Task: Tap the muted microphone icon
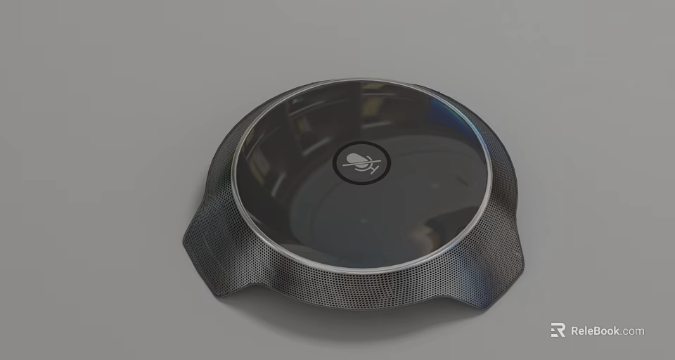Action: point(359,163)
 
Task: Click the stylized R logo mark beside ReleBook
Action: point(558,330)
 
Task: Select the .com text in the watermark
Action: point(632,330)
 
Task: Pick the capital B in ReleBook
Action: point(597,330)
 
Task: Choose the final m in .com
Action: point(639,331)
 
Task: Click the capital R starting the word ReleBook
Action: point(575,330)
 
